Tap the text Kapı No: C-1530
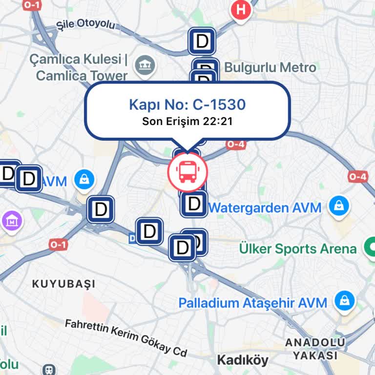(x=187, y=104)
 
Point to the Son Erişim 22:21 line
(x=187, y=121)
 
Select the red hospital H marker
(x=240, y=10)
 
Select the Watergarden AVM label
(x=265, y=208)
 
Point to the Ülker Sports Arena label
(x=298, y=249)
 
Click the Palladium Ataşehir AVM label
(x=252, y=303)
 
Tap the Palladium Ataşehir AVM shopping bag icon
(x=345, y=300)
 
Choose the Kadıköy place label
(x=243, y=360)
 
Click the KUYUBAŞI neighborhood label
(x=63, y=284)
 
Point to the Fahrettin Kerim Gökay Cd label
(x=126, y=337)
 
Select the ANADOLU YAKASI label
(x=315, y=349)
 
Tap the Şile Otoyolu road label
(x=85, y=24)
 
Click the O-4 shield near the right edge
(x=358, y=177)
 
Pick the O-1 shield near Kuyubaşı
(x=58, y=245)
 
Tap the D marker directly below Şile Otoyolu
(x=202, y=41)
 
